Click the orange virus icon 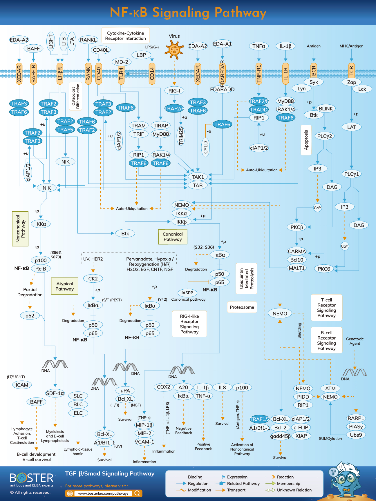(x=174, y=49)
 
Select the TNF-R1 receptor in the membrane (x=259, y=73)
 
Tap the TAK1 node (x=198, y=177)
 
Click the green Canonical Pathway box (x=173, y=237)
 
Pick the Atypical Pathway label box (x=65, y=286)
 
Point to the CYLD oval (x=205, y=147)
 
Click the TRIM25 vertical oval (x=181, y=135)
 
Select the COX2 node (x=163, y=387)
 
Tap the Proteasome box (x=242, y=307)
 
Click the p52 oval (x=30, y=315)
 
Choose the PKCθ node (x=324, y=269)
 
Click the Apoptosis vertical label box (x=306, y=140)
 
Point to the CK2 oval (x=93, y=279)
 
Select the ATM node (x=330, y=388)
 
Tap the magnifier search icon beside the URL (x=138, y=493)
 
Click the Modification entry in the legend (x=199, y=490)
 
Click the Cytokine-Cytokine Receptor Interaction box (x=125, y=36)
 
